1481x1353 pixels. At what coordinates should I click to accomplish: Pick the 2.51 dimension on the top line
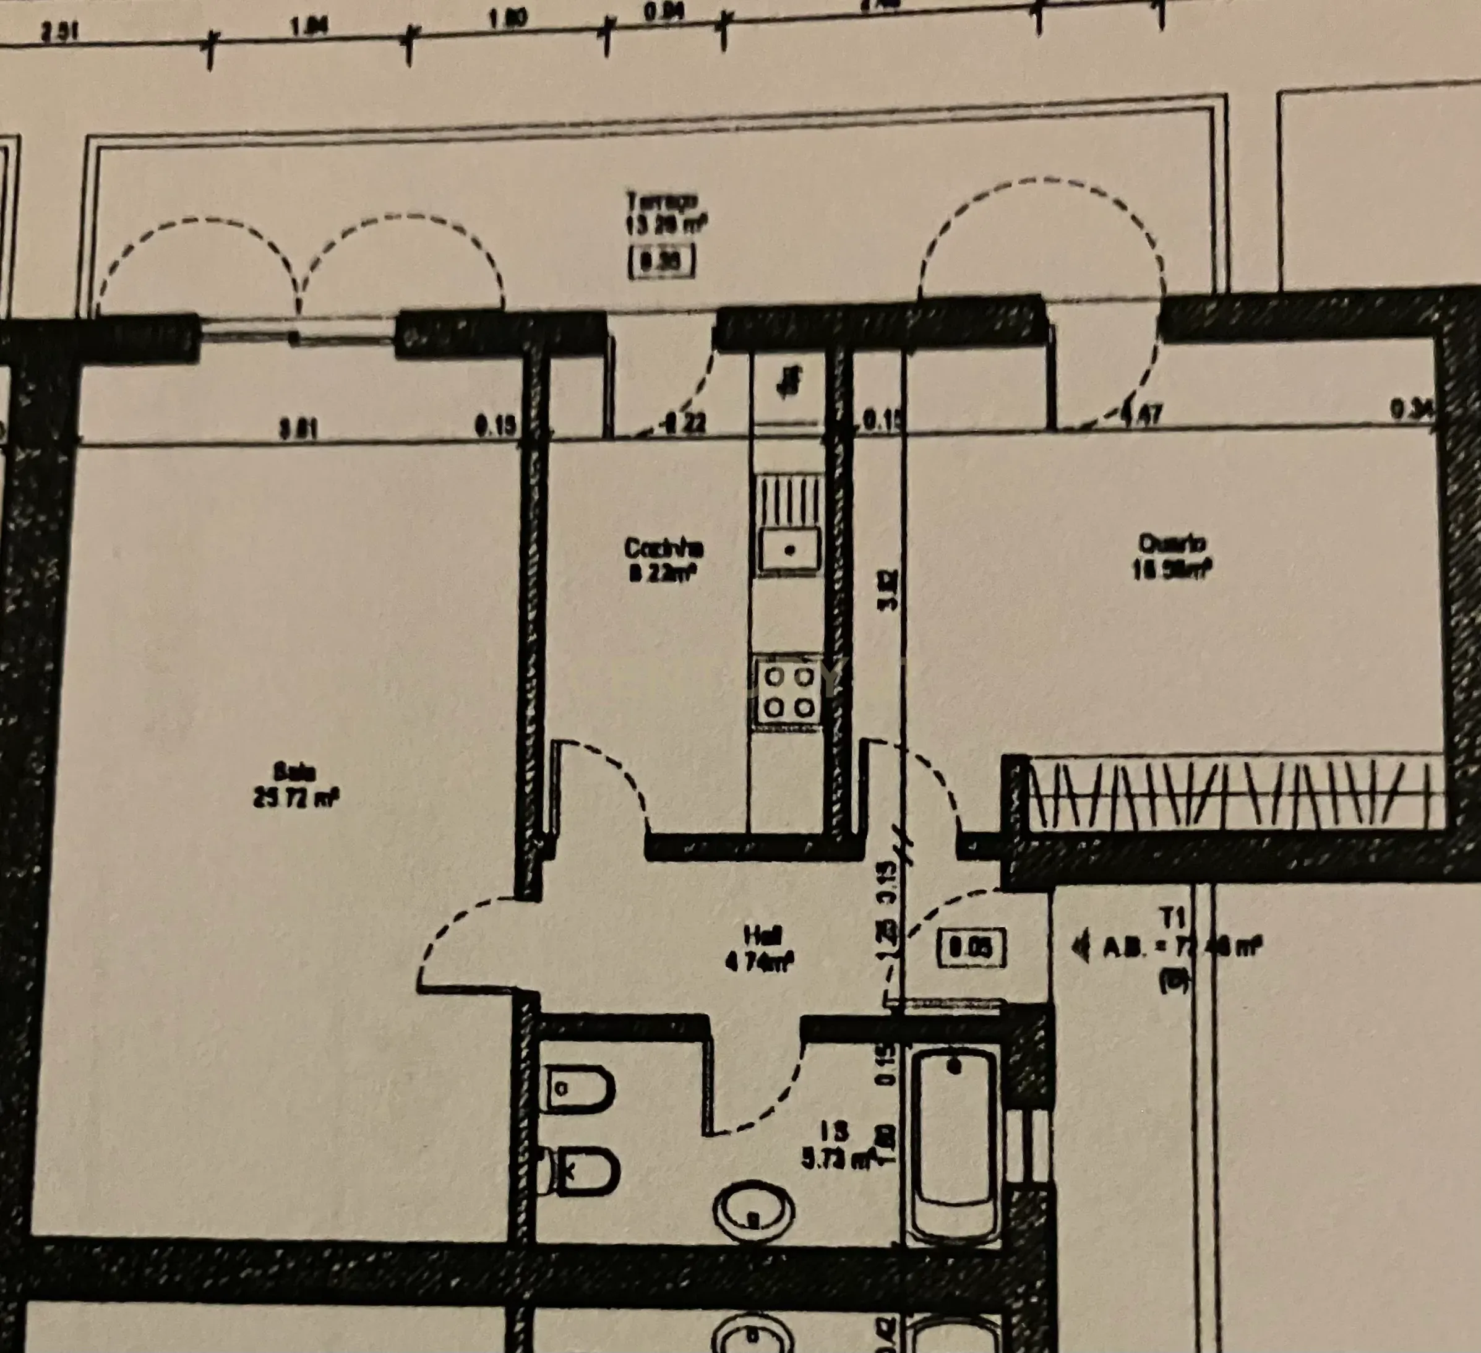pos(60,33)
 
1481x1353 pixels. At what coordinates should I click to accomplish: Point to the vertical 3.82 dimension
pos(890,591)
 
